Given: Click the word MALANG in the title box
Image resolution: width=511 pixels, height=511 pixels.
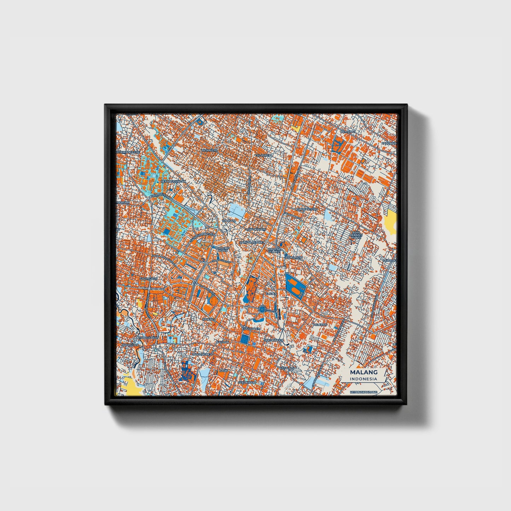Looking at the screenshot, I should click(364, 372).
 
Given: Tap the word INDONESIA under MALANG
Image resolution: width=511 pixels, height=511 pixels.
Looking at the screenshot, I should click(364, 379).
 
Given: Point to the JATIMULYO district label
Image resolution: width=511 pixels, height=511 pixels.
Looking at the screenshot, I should click(209, 150).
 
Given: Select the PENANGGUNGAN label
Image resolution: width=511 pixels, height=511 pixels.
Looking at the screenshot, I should click(173, 181).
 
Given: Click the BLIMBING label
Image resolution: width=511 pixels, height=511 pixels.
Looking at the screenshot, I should click(347, 132).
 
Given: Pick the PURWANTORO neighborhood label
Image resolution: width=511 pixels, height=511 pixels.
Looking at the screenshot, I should click(307, 209).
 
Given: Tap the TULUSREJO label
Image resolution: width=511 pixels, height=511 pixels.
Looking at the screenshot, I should click(264, 155).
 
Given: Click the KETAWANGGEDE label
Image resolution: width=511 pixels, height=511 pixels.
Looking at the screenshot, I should click(128, 152).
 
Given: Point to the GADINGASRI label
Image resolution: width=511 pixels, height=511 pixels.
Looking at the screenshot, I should click(149, 279).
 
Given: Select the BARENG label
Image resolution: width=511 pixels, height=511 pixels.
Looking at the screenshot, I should click(208, 319).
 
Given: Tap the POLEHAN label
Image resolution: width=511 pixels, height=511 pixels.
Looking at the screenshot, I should click(320, 324).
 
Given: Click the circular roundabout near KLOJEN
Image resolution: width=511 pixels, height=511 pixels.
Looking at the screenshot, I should click(262, 310).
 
